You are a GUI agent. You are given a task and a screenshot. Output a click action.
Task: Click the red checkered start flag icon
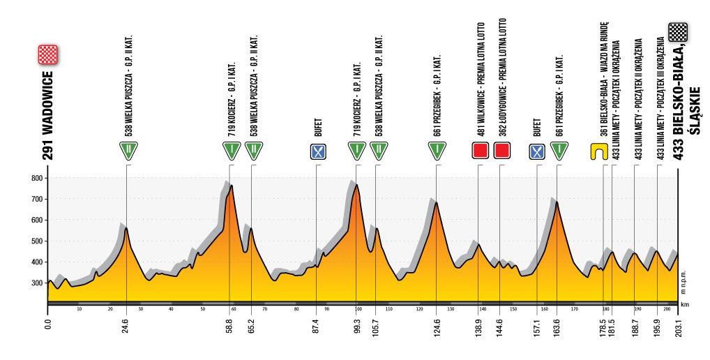[x=47, y=54]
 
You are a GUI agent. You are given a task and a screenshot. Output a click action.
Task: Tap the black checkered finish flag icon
[x=678, y=31]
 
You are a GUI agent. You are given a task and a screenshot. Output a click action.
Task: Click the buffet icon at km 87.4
[x=317, y=151]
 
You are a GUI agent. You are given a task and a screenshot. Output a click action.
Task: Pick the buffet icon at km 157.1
[x=537, y=151]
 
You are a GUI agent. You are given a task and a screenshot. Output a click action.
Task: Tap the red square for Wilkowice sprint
[x=479, y=151]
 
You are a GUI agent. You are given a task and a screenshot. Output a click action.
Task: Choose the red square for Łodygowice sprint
[x=500, y=151]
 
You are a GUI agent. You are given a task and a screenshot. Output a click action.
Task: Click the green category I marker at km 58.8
[x=230, y=150]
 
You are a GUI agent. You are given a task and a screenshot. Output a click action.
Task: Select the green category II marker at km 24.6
[x=127, y=150]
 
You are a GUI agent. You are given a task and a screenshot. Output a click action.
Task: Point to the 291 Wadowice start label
[x=47, y=115]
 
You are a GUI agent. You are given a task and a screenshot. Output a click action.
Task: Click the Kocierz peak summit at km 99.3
[x=356, y=185]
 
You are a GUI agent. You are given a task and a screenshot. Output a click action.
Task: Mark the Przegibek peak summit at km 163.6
[x=557, y=202]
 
